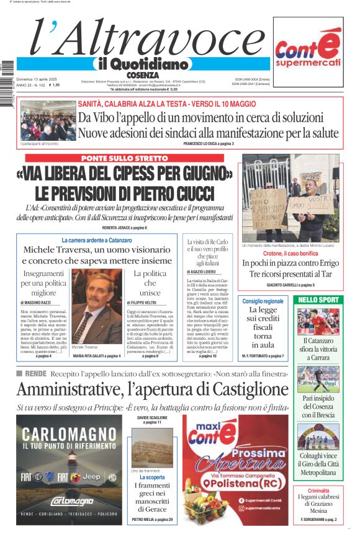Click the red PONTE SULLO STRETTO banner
(124, 159)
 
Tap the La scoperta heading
(152, 478)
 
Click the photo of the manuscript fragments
(152, 447)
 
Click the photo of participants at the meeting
(48, 121)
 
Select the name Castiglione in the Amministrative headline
(236, 389)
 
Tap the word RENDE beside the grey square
(35, 373)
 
